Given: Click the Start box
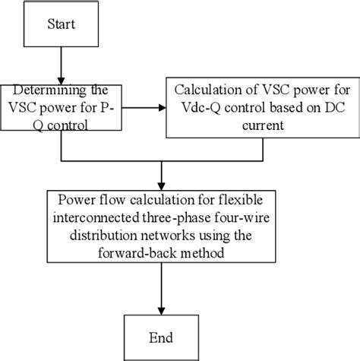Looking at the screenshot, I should pos(61,26).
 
